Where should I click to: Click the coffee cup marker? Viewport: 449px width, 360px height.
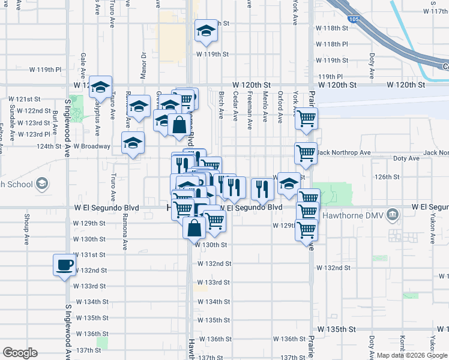(64, 265)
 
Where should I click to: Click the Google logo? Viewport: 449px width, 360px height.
(20, 353)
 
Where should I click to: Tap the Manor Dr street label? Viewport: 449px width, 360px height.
(143, 64)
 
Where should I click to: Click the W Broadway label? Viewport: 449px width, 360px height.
(92, 146)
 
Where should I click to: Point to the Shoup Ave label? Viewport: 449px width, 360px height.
(27, 230)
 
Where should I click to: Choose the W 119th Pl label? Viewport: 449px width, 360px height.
(46, 70)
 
